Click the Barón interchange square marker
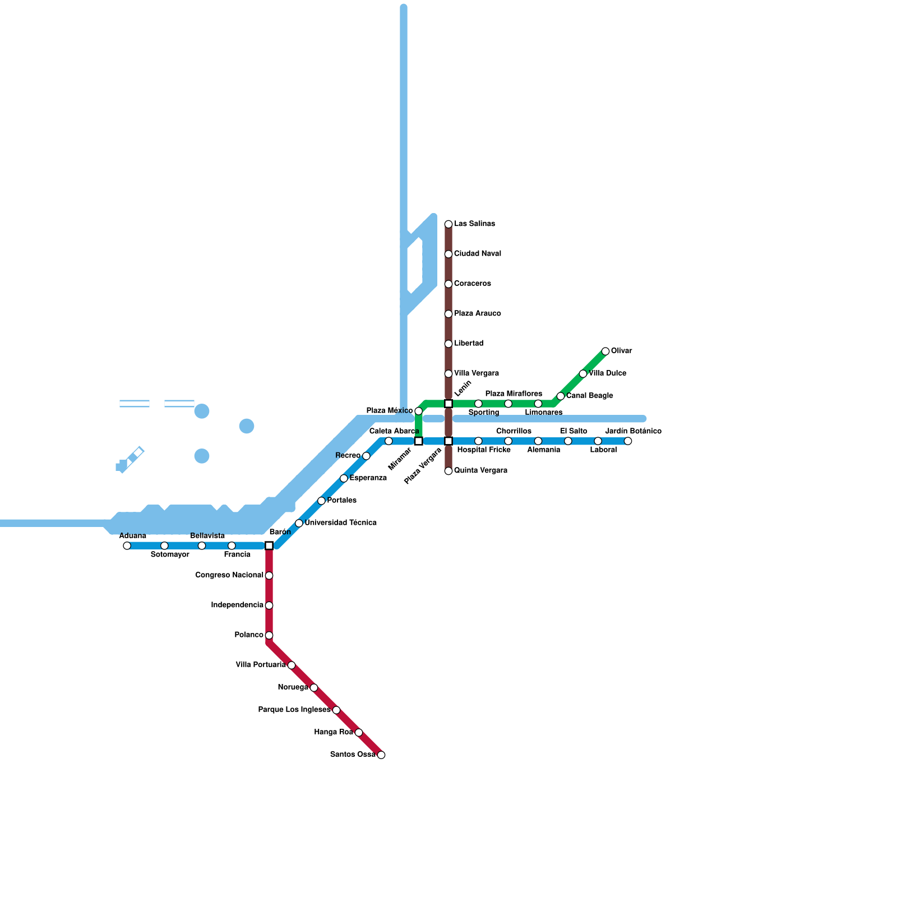(269, 545)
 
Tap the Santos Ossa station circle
(381, 755)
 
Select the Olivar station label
(621, 351)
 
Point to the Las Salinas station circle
(449, 224)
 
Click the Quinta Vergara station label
(480, 470)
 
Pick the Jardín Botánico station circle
(628, 441)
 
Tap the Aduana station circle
(127, 545)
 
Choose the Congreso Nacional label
(229, 575)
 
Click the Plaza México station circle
(419, 411)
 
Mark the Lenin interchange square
(449, 404)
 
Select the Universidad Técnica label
(340, 523)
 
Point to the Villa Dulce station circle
(583, 374)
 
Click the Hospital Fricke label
(484, 450)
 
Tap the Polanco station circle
(269, 635)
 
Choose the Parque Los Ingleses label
(294, 710)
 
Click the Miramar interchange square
(419, 441)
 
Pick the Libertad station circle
(449, 344)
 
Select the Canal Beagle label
(589, 396)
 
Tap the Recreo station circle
(366, 456)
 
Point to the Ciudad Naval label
(478, 254)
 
